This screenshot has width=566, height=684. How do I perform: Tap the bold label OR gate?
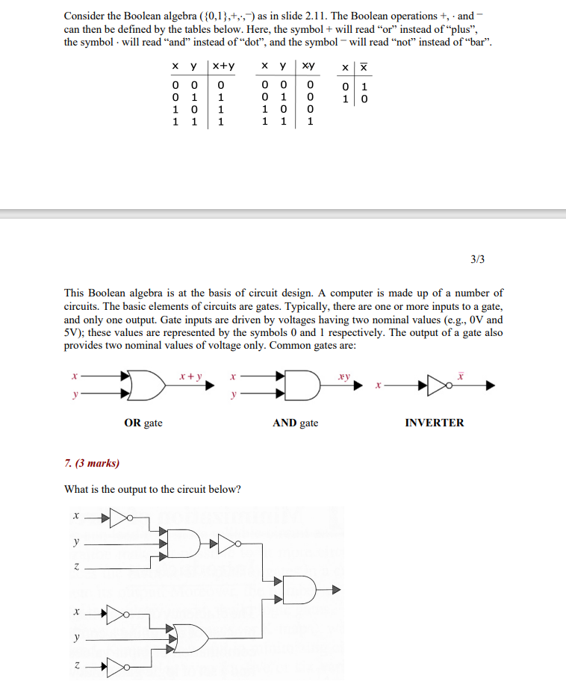pyautogui.click(x=143, y=423)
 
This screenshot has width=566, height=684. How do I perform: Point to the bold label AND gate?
pyautogui.click(x=295, y=423)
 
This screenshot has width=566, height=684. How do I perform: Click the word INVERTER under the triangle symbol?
pyautogui.click(x=434, y=423)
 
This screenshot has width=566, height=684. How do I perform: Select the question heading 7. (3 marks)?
pyautogui.click(x=92, y=463)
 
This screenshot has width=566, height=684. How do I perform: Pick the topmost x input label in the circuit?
pyautogui.click(x=75, y=515)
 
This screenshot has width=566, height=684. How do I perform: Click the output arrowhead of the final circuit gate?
pyautogui.click(x=336, y=590)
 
